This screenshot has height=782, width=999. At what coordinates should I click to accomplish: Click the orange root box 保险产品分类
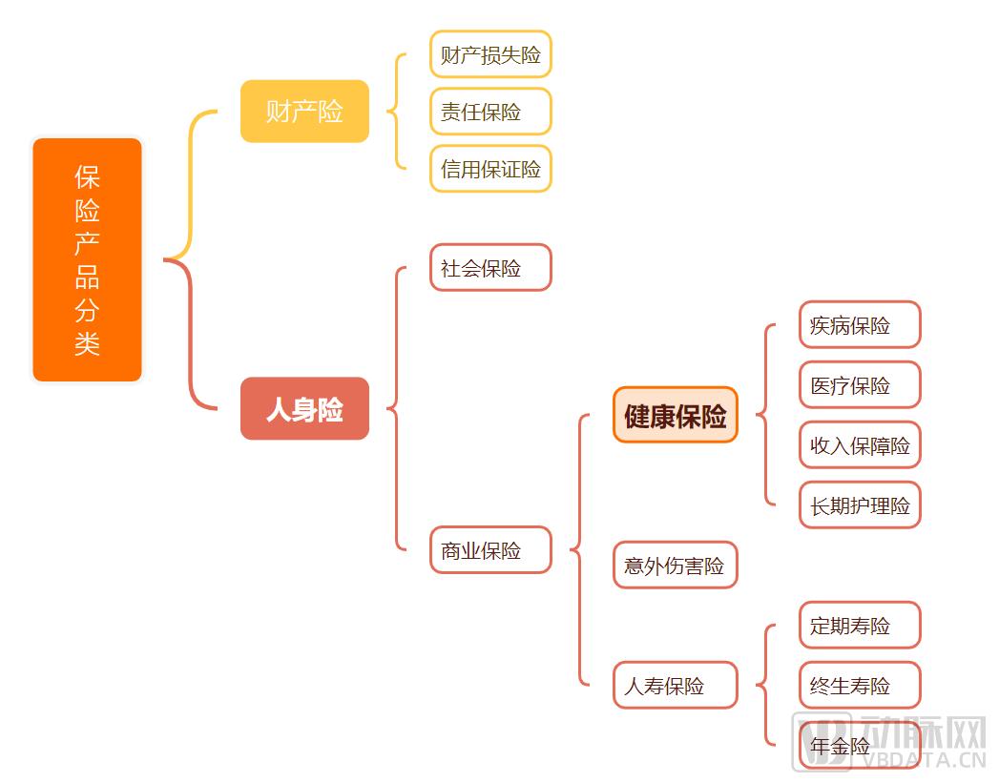[87, 259]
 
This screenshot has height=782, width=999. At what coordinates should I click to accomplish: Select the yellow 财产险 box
[304, 112]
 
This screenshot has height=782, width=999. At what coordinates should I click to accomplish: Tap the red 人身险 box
[304, 409]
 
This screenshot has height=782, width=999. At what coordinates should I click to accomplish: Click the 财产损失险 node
[490, 54]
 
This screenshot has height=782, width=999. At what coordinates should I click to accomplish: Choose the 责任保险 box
[490, 112]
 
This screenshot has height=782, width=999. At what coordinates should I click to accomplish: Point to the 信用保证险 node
[490, 169]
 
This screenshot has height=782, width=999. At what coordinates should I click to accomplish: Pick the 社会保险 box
[490, 267]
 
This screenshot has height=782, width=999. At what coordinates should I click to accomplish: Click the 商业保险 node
[490, 550]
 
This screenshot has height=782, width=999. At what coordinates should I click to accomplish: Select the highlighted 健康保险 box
[676, 415]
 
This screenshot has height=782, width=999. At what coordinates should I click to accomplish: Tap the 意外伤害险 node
[676, 565]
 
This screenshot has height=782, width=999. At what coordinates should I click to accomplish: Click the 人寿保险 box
[676, 686]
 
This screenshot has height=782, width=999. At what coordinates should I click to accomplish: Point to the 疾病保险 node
[860, 325]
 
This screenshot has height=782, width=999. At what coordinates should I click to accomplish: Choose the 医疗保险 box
[860, 384]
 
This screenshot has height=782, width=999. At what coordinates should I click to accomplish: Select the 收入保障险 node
[860, 445]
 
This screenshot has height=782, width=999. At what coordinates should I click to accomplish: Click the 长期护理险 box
[860, 505]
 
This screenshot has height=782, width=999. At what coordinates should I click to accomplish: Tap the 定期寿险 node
[860, 626]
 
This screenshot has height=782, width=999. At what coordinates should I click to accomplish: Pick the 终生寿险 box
[860, 686]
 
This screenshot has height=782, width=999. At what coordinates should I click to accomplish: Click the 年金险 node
[860, 745]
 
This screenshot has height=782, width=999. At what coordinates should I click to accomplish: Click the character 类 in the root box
[87, 344]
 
